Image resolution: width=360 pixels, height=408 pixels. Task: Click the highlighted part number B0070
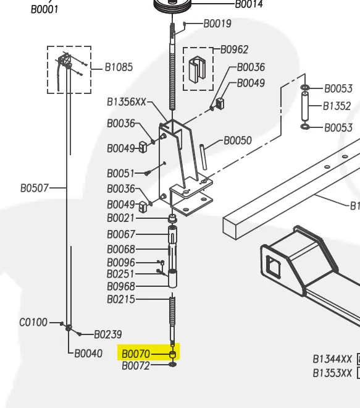pyautogui.click(x=135, y=354)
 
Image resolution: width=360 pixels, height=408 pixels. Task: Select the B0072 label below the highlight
pyautogui.click(x=135, y=366)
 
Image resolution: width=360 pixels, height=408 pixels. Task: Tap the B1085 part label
pyautogui.click(x=118, y=67)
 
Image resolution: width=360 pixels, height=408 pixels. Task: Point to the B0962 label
pyautogui.click(x=234, y=50)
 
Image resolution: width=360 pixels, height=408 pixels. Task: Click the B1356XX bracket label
pyautogui.click(x=126, y=101)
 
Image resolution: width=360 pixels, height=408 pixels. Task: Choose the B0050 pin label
pyautogui.click(x=237, y=141)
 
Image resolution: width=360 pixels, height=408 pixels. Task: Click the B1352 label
pyautogui.click(x=337, y=106)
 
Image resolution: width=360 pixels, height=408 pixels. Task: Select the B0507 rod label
pyautogui.click(x=34, y=187)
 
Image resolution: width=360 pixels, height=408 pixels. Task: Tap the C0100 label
pyautogui.click(x=33, y=322)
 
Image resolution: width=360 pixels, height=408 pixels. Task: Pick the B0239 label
pyautogui.click(x=107, y=334)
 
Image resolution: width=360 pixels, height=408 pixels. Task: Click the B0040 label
pyautogui.click(x=88, y=354)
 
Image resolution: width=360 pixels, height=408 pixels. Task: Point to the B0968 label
pyautogui.click(x=120, y=287)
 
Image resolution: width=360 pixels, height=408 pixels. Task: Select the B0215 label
pyautogui.click(x=120, y=300)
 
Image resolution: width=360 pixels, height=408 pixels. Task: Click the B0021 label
pyautogui.click(x=120, y=218)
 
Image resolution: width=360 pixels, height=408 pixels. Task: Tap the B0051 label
pyautogui.click(x=120, y=174)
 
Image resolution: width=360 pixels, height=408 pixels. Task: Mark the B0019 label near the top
pyautogui.click(x=217, y=24)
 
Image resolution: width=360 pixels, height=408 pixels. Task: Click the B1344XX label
pyautogui.click(x=332, y=359)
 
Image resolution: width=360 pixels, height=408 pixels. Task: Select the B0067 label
pyautogui.click(x=120, y=235)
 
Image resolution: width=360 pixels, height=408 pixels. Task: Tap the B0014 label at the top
pyautogui.click(x=248, y=4)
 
